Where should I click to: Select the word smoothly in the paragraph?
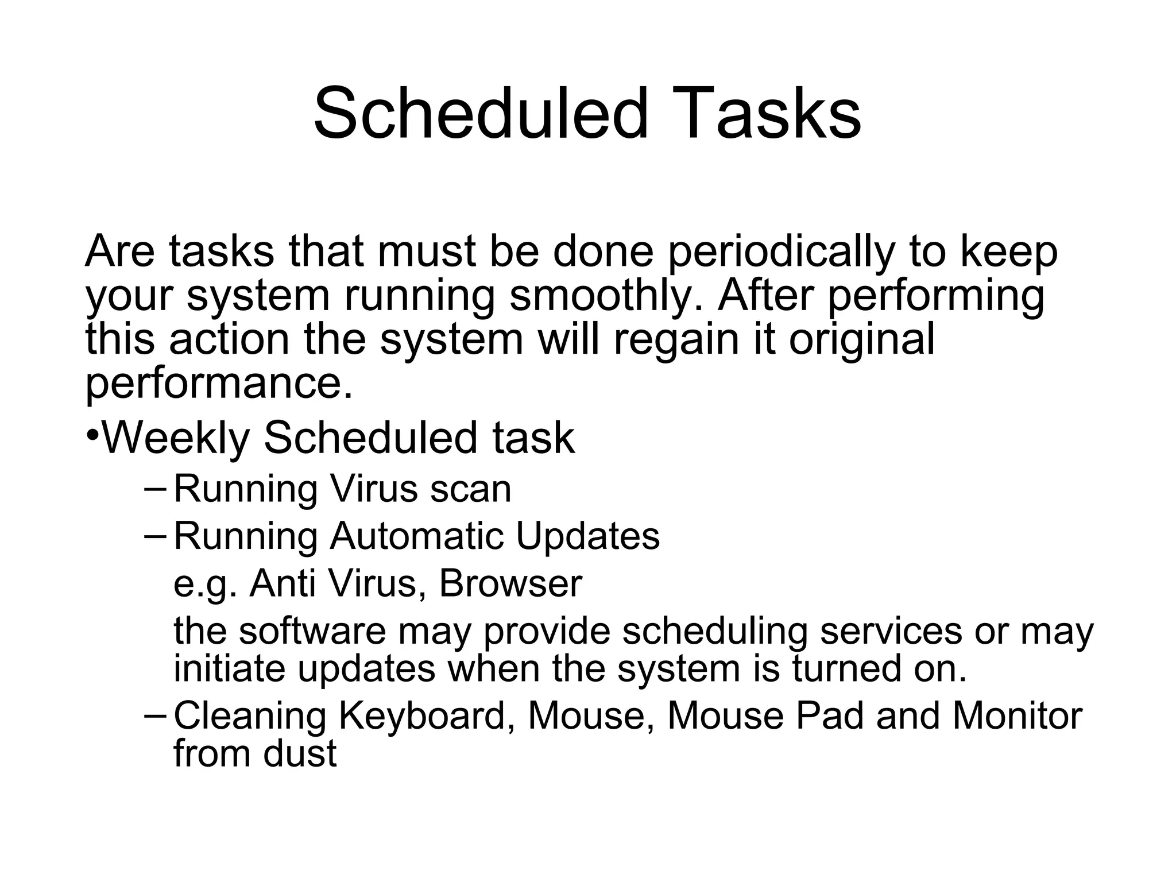[x=606, y=296]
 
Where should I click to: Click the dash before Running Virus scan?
[x=155, y=489]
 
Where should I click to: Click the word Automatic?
[x=417, y=536]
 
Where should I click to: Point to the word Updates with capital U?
[x=587, y=536]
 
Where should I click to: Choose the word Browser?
[x=510, y=584]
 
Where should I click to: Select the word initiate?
[x=229, y=669]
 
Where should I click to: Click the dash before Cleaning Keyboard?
[x=155, y=716]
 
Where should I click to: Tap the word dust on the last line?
[x=300, y=753]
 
